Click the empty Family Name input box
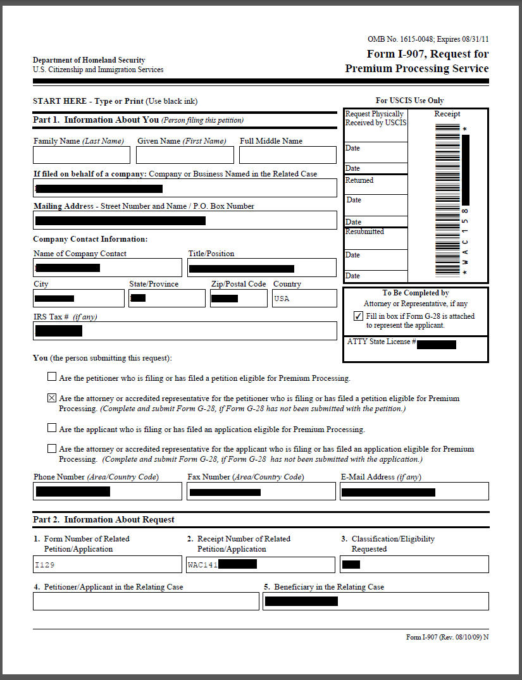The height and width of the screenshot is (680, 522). [x=82, y=155]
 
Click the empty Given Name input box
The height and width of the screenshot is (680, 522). [x=185, y=155]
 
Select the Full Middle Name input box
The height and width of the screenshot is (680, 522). [x=288, y=155]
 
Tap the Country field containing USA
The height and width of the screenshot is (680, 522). [x=304, y=299]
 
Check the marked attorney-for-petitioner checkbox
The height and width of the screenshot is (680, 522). [x=52, y=399]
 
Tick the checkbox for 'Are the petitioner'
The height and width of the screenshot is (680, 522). [x=52, y=378]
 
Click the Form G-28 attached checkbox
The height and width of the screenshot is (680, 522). [x=358, y=316]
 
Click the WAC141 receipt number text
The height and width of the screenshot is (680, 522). [x=202, y=565]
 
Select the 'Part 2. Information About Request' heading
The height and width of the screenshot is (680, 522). [x=104, y=520]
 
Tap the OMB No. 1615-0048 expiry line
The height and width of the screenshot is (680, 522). [x=428, y=39]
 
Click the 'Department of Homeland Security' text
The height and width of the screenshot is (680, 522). [x=89, y=60]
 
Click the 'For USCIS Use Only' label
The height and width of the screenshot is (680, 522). [x=409, y=101]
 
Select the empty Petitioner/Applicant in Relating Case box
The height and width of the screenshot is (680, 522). [x=147, y=601]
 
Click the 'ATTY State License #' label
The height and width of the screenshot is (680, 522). [x=382, y=342]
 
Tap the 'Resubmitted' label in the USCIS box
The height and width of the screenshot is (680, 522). [x=364, y=232]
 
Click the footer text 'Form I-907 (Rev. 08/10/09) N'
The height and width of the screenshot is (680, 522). [x=447, y=637]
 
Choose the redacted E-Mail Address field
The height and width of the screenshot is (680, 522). [x=414, y=491]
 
